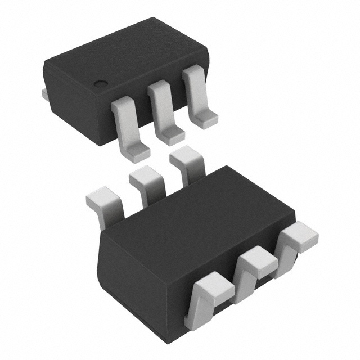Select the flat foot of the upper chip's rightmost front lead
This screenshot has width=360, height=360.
[x=205, y=117]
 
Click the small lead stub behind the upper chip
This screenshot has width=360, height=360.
[x=44, y=94]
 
